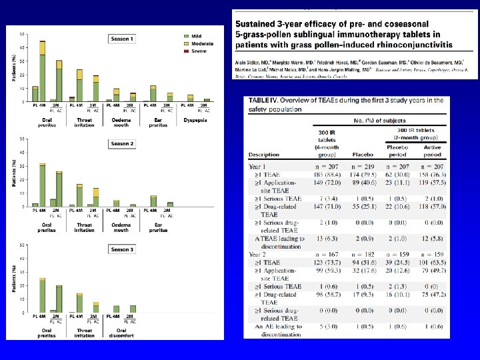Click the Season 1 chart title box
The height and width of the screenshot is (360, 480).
(122, 39)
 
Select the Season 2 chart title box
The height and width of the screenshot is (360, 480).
(122, 144)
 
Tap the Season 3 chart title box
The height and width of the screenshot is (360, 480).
(122, 249)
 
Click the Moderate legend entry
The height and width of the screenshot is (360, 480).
(199, 43)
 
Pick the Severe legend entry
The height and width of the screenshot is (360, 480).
(197, 51)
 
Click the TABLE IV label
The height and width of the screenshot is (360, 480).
(265, 101)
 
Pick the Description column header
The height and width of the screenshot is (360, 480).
(264, 155)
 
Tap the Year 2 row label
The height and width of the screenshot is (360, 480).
(257, 254)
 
